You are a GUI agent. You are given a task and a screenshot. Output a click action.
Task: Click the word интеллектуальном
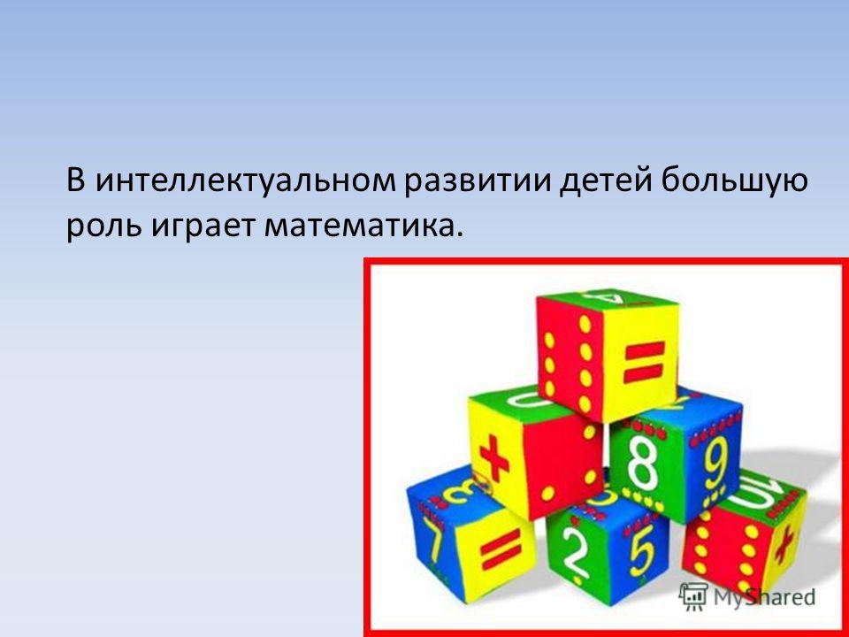pyautogui.click(x=247, y=180)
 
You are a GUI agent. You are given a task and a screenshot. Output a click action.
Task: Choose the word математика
pyautogui.click(x=363, y=225)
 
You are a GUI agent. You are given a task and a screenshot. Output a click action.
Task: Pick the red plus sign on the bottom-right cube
pyautogui.click(x=784, y=546)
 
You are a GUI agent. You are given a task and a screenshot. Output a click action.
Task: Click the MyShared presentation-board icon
pyautogui.click(x=694, y=597)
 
